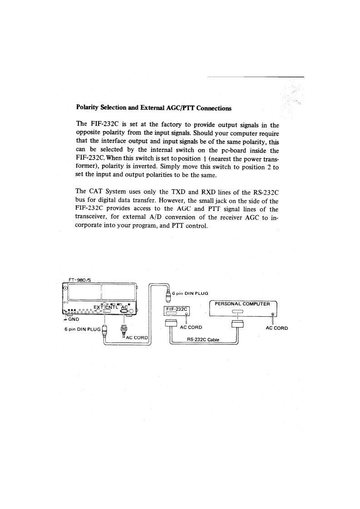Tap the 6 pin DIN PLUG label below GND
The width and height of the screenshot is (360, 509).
click(x=81, y=329)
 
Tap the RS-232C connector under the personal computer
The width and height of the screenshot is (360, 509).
click(x=238, y=323)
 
